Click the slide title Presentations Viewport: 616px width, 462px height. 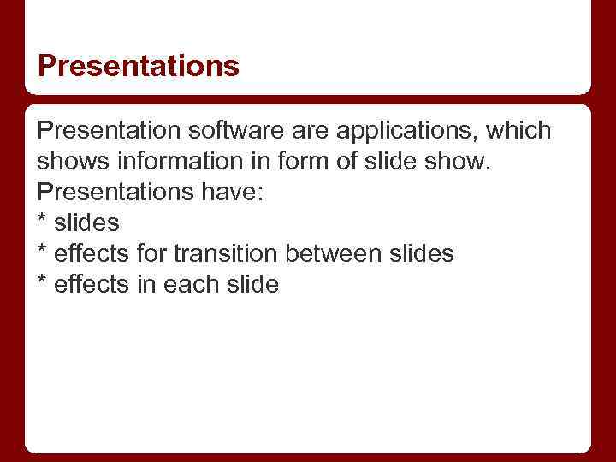[138, 66]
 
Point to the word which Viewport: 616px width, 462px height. [521, 132]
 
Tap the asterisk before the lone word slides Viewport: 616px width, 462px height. [42, 221]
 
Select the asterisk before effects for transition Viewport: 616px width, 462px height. [42, 252]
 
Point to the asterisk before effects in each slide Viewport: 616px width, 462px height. [42, 282]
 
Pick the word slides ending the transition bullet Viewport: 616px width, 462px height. [423, 254]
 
